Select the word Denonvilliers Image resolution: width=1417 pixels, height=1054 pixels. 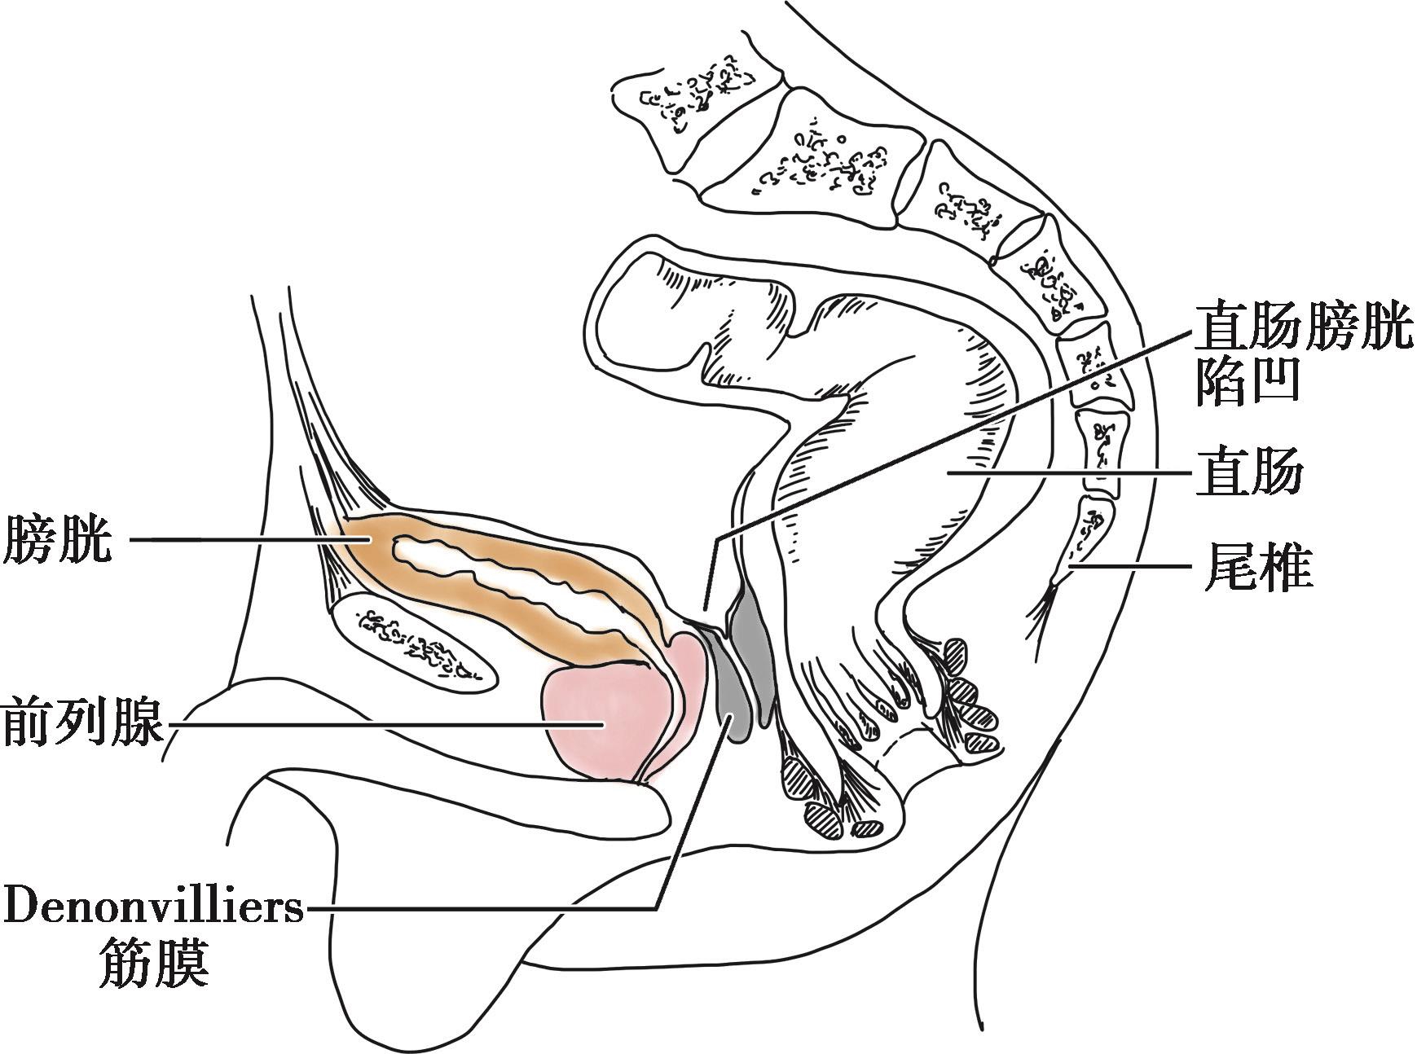pyautogui.click(x=154, y=907)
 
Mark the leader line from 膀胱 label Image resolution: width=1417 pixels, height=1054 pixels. pyautogui.click(x=244, y=539)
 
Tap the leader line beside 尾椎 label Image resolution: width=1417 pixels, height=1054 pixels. pyautogui.click(x=1141, y=564)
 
